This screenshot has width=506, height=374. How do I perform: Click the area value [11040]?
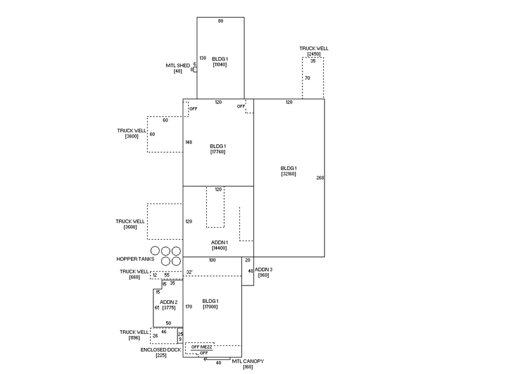pos(220,65)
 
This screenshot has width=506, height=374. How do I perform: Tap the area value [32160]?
pos(289,174)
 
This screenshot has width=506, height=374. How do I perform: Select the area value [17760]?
pos(218,152)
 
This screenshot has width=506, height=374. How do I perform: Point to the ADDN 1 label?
pos(218,242)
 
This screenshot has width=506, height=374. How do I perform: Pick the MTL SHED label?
pos(178,65)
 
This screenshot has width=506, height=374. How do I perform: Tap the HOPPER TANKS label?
pos(135,259)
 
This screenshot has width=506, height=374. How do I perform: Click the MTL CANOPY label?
pos(248,361)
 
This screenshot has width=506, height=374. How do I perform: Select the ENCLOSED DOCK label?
pos(161,349)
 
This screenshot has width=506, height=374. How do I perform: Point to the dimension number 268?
pos(320,177)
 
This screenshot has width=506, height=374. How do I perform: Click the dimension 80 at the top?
pos(220,21)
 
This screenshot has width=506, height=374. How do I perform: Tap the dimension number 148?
pos(188,142)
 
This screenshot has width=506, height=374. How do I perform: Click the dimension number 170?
pos(188,307)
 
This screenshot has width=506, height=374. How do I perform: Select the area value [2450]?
pos(314,54)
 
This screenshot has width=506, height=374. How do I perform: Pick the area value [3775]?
pos(169,307)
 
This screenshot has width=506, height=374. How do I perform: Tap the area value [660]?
pos(134,277)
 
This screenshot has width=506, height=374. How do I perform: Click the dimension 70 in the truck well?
pos(307,78)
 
